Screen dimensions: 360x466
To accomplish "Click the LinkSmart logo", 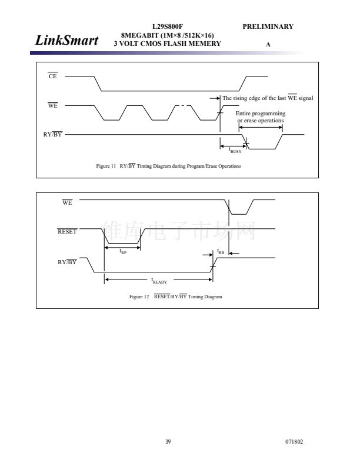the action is pos(66,40).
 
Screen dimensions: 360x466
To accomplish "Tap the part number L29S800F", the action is pos(168,26).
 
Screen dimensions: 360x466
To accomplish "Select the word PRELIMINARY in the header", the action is pos(268,26).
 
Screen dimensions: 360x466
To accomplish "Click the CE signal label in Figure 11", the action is pos(52,76).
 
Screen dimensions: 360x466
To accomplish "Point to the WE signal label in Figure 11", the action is pos(52,105).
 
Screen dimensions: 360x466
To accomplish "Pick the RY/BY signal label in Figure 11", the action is pos(52,134).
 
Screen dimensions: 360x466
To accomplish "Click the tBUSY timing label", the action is pos(235,150).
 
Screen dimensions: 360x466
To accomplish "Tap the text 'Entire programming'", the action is pos(261,113).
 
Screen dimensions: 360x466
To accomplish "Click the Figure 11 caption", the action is pos(168,166).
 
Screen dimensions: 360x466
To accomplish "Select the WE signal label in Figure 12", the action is pos(67,202).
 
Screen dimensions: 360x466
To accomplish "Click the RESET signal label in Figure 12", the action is pos(67,231).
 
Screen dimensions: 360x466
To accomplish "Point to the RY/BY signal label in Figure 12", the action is pos(67,262).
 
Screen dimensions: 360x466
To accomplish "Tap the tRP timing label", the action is pos(123,252).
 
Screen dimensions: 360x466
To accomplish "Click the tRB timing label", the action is pos(221,252).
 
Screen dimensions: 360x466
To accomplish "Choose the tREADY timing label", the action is pos(159,281).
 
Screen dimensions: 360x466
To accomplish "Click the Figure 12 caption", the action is pos(175,297).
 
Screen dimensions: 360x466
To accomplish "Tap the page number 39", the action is pos(168,442).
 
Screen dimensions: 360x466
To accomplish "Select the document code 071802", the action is pos(294,442).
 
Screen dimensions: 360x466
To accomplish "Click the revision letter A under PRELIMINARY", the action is pos(268,45).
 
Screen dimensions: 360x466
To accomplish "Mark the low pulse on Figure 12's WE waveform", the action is pos(239,214).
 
